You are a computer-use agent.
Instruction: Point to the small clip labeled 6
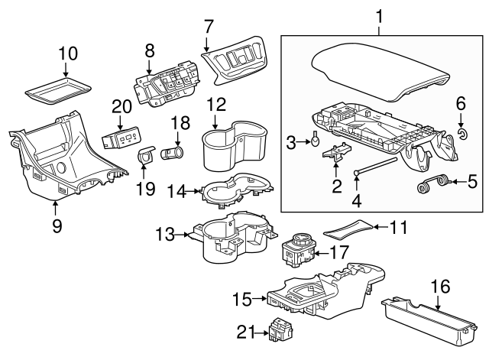[x=462, y=135]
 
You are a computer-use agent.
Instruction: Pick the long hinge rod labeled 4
[x=378, y=163]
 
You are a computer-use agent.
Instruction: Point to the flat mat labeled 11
[x=348, y=228]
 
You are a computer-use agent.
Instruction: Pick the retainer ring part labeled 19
[x=145, y=157]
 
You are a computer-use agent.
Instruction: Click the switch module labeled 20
[x=121, y=138]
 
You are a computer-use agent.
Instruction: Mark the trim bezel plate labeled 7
[x=235, y=59]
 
